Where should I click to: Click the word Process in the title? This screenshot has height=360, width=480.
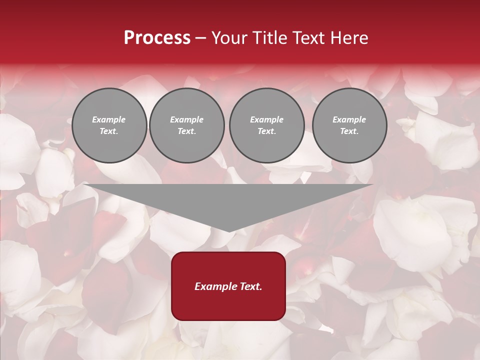click(157, 38)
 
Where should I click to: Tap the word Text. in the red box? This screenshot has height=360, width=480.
click(250, 286)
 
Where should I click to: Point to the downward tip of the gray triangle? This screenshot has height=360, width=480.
click(228, 230)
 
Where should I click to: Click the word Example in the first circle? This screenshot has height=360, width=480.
click(109, 119)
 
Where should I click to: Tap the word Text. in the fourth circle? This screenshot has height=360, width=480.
click(349, 131)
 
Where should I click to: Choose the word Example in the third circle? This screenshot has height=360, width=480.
click(266, 119)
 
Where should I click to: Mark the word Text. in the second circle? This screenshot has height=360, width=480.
click(186, 131)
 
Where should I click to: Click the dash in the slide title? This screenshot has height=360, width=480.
click(201, 38)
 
